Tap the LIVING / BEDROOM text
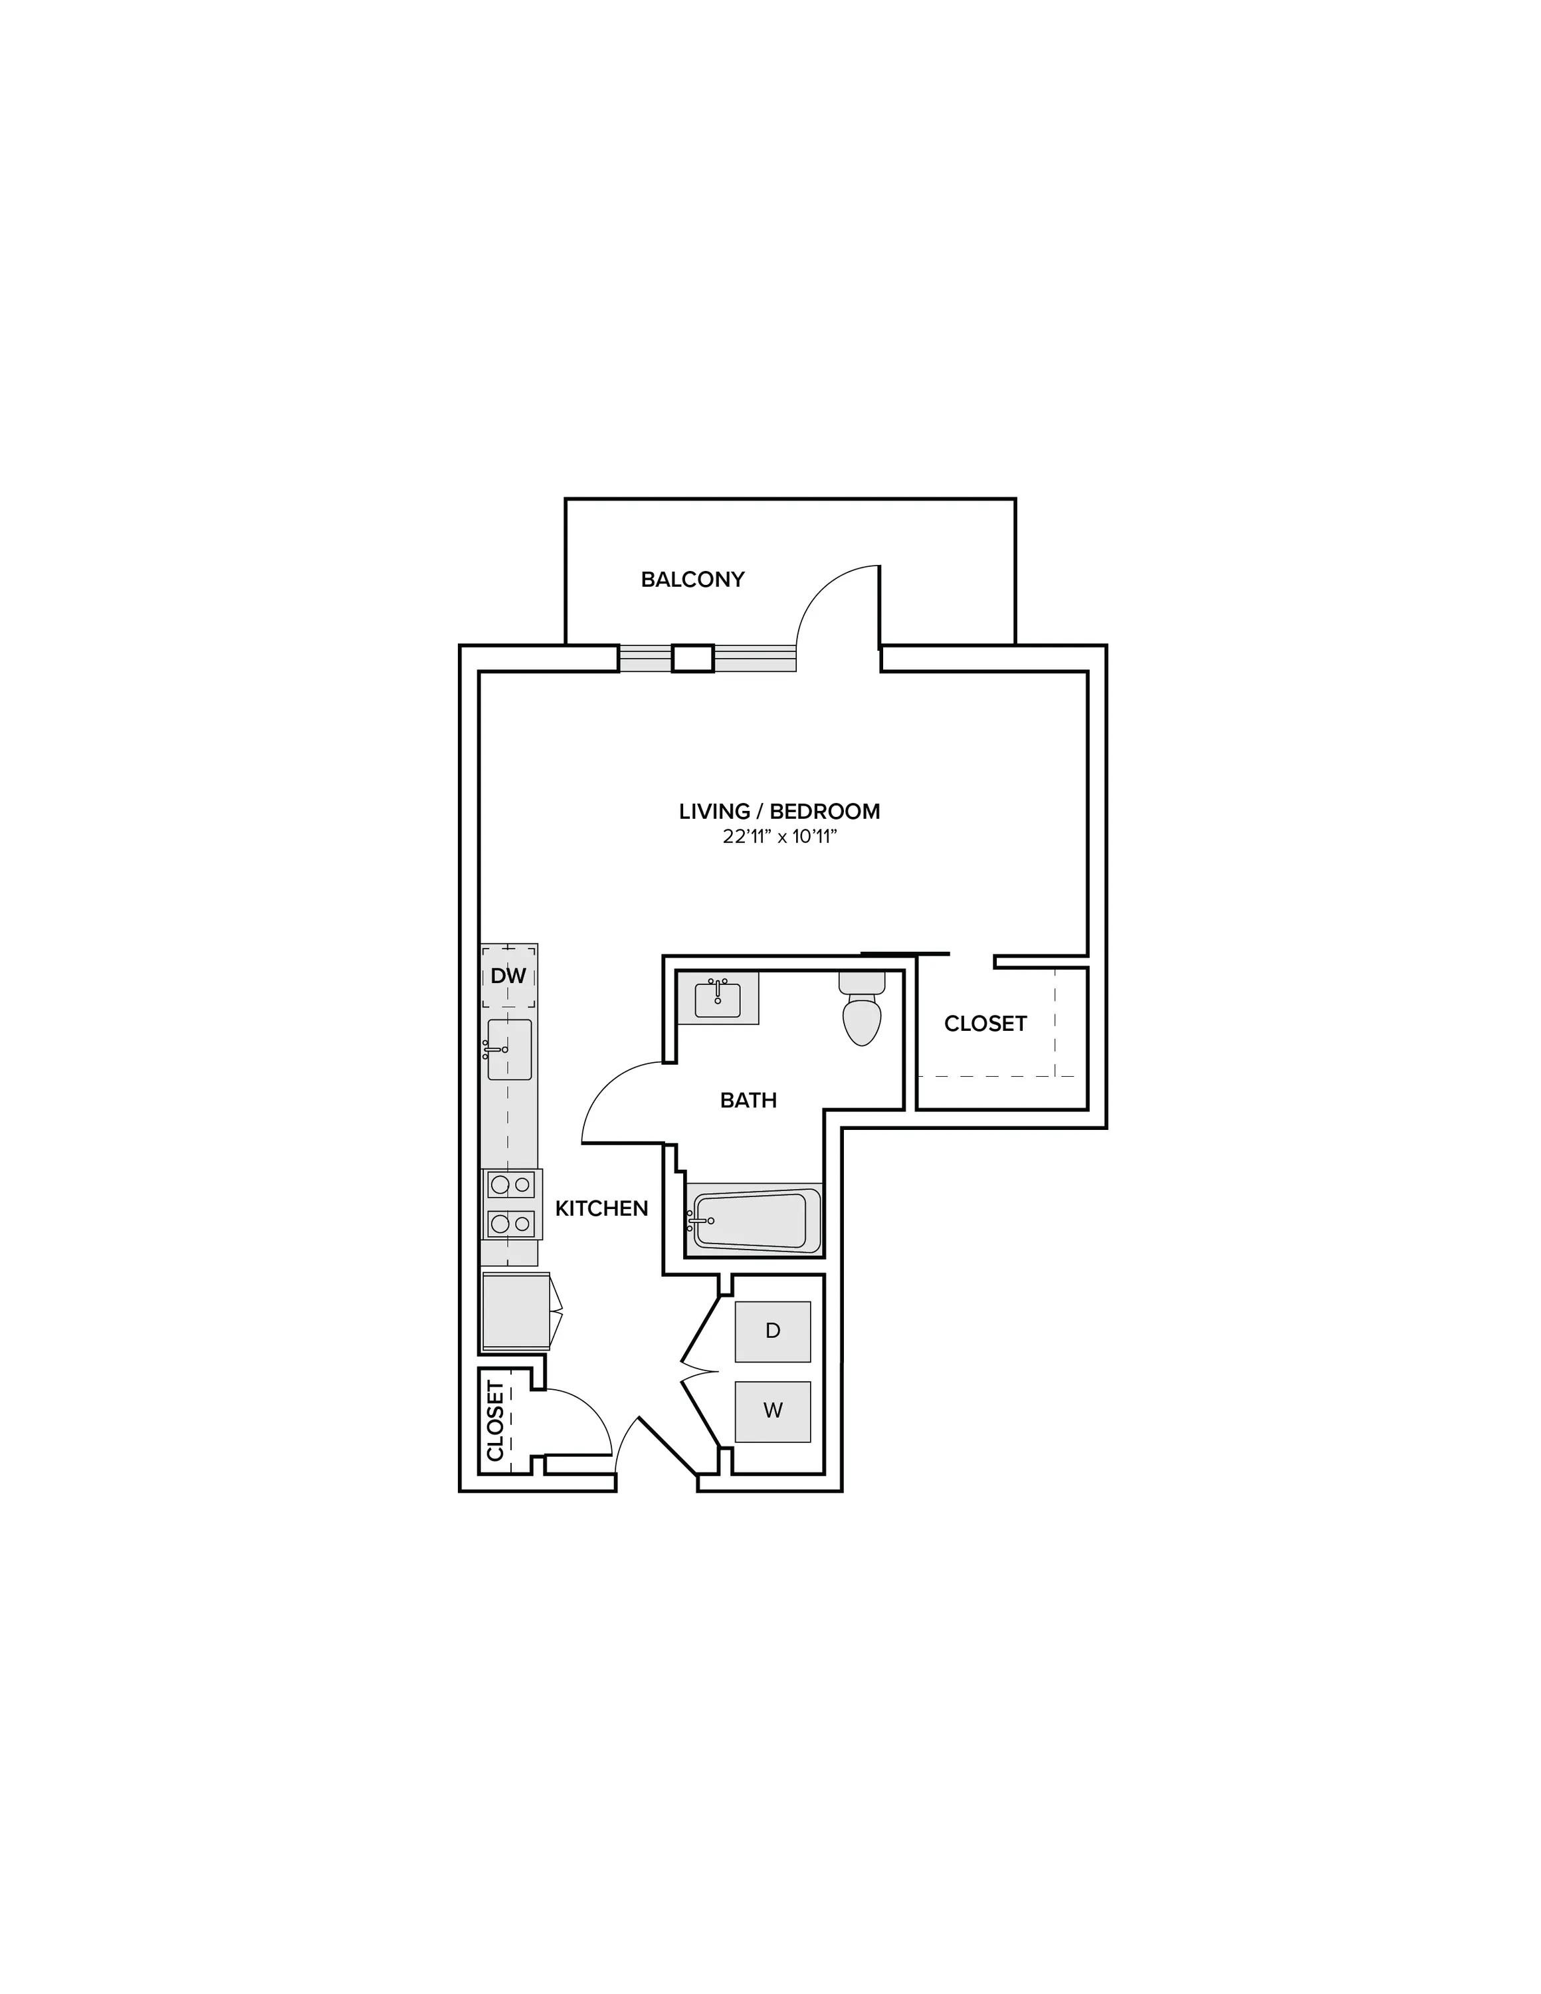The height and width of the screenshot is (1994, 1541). (779, 812)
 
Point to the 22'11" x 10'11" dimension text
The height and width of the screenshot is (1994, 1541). (779, 837)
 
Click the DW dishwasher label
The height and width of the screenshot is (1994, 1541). (508, 976)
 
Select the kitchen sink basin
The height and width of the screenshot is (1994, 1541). (510, 1049)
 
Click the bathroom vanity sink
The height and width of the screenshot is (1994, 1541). (718, 999)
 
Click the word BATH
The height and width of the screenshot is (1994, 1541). (749, 1100)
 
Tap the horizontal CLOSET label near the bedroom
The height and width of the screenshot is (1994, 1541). (986, 1024)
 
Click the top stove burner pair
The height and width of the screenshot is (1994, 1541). (510, 1185)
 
